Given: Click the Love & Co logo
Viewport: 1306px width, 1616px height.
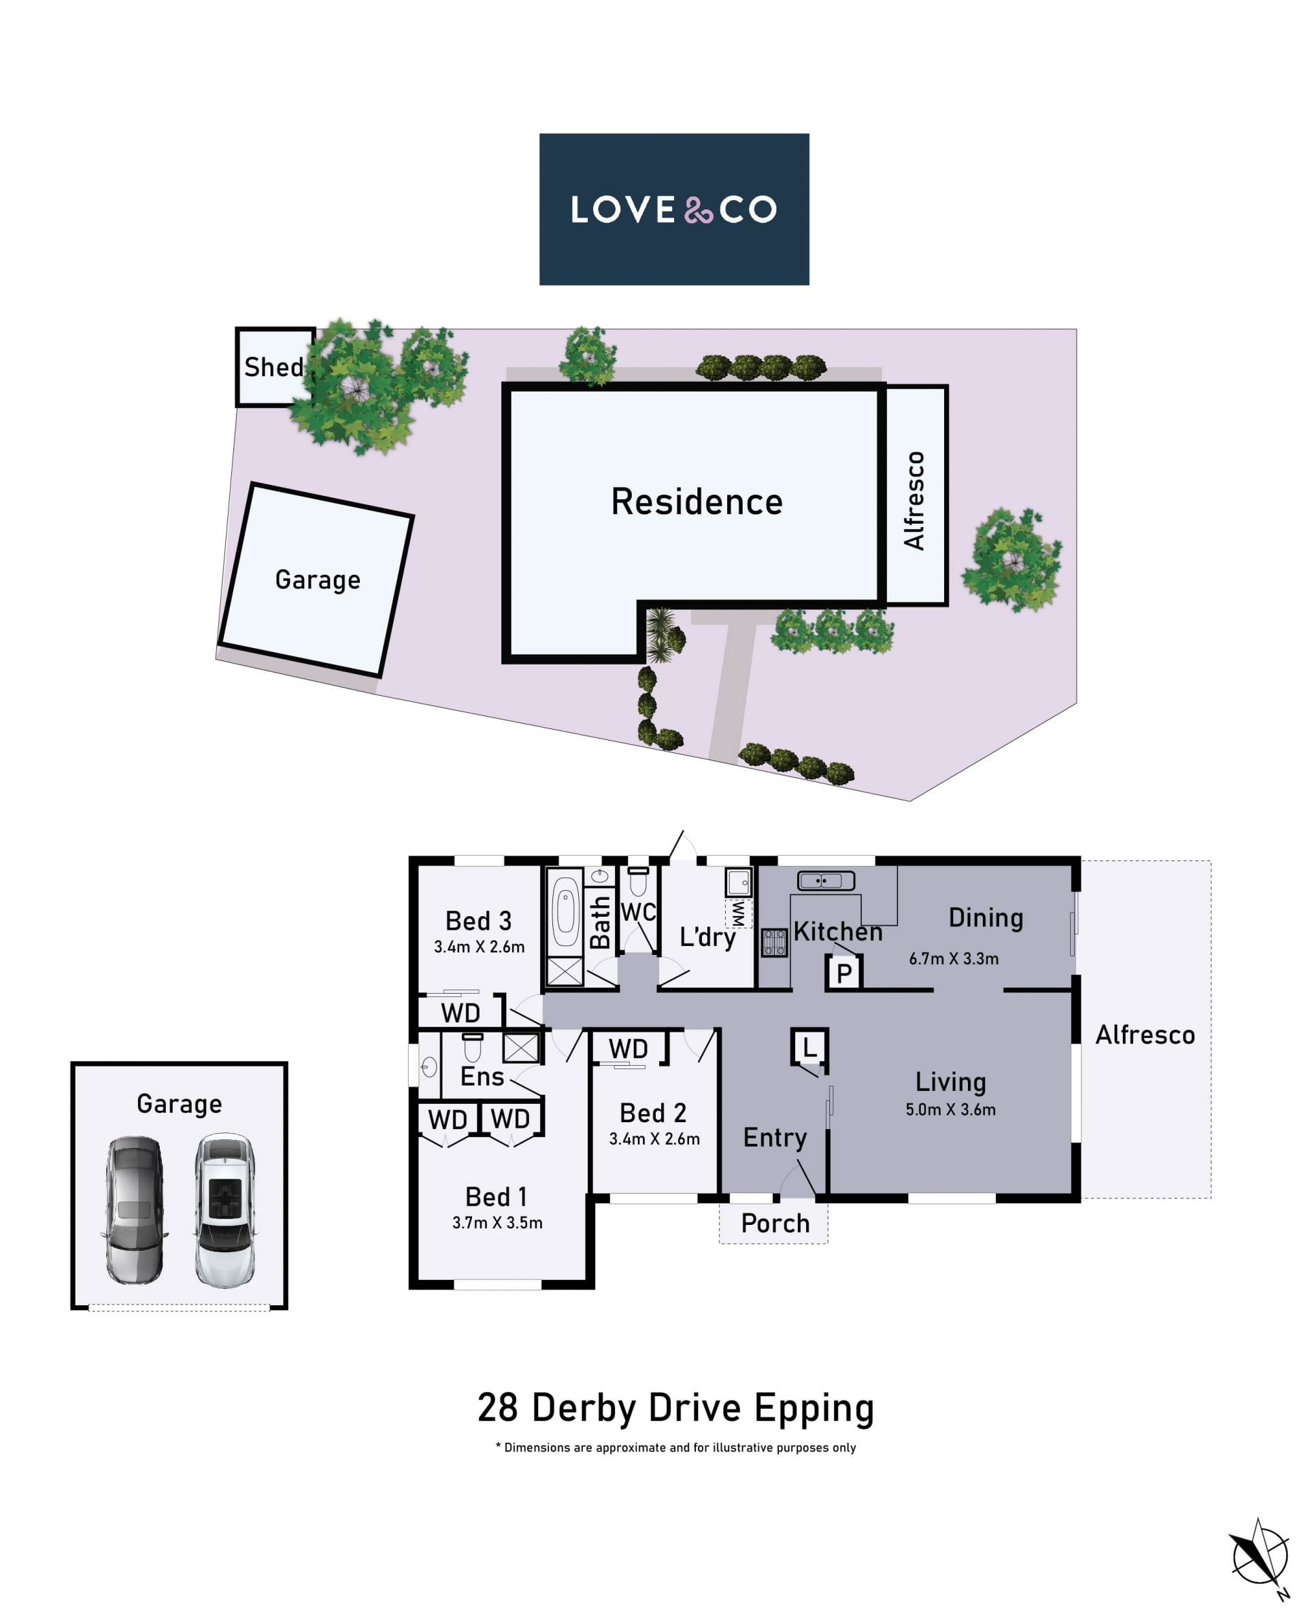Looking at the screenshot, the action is [x=674, y=209].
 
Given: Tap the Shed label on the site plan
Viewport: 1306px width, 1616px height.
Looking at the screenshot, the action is [x=275, y=367].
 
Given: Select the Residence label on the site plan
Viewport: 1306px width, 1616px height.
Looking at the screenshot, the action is [x=697, y=502].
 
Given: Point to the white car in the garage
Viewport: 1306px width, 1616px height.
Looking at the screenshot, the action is [x=224, y=1211].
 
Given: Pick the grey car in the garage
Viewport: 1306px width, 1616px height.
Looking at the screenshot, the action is [x=134, y=1211].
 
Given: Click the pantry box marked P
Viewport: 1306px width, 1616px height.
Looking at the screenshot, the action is [x=844, y=973].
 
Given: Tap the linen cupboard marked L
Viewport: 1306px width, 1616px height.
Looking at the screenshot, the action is [x=809, y=1047].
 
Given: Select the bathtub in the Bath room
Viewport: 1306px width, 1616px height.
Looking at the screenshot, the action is [x=564, y=912].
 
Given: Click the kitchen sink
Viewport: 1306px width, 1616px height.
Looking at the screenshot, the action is [x=826, y=879].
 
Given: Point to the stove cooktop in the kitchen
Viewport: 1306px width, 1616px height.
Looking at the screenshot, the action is [x=775, y=943].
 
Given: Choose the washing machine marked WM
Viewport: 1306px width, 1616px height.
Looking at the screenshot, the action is [x=738, y=913].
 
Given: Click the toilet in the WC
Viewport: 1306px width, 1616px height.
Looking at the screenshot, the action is [x=638, y=881].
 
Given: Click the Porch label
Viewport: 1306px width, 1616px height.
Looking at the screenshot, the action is [x=775, y=1224].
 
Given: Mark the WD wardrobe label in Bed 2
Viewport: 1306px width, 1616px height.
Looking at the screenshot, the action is [x=629, y=1049].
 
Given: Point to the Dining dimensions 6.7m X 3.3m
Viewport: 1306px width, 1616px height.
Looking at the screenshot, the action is [x=954, y=958].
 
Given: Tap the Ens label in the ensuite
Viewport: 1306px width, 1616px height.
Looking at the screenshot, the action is [x=482, y=1077].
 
